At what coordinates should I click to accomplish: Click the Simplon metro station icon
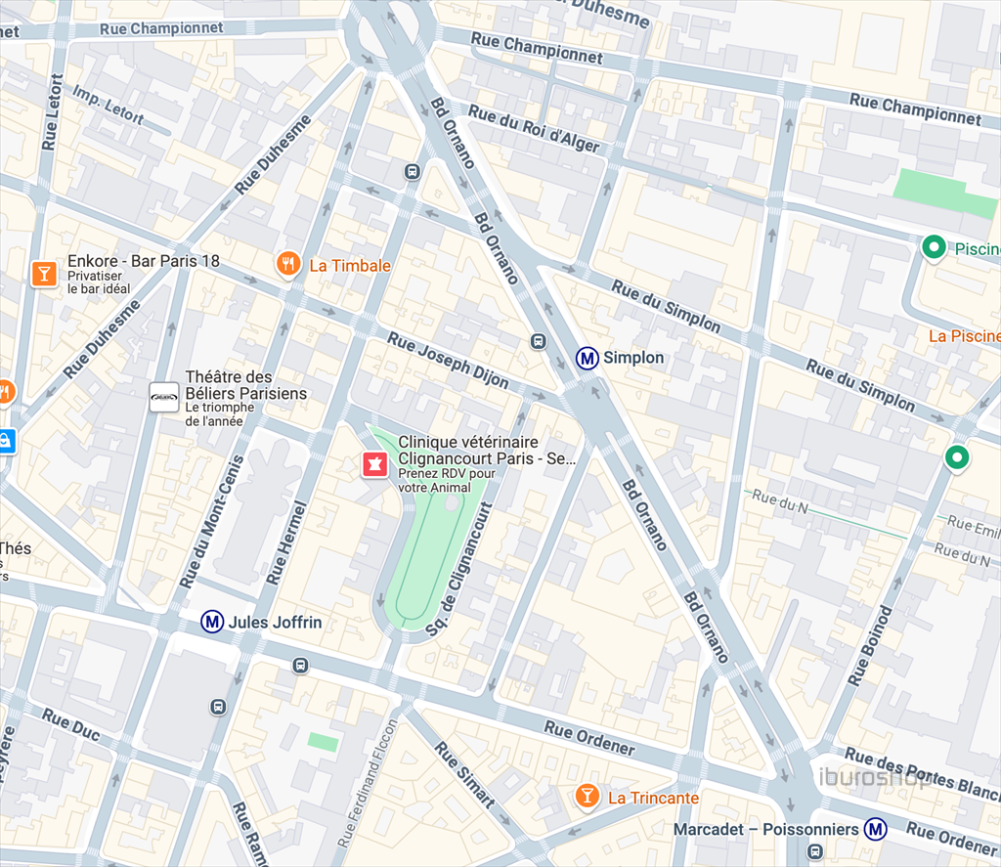[x=588, y=358]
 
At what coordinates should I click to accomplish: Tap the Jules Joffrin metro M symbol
[x=212, y=621]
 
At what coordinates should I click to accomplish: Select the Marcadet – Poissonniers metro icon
[x=876, y=830]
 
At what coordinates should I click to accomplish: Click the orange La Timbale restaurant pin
[x=287, y=263]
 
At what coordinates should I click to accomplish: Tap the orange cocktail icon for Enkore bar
[x=43, y=273]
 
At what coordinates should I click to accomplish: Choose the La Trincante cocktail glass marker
[x=587, y=796]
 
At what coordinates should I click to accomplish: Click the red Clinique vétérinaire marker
[x=373, y=463]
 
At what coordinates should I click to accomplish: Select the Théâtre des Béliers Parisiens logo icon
[x=163, y=397]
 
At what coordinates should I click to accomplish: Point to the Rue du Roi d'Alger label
[x=533, y=128]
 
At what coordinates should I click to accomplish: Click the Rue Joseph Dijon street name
[x=448, y=361]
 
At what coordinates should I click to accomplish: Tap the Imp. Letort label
[x=109, y=108]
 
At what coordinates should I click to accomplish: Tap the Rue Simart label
[x=464, y=774]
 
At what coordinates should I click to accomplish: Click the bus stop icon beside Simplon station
[x=537, y=341]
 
